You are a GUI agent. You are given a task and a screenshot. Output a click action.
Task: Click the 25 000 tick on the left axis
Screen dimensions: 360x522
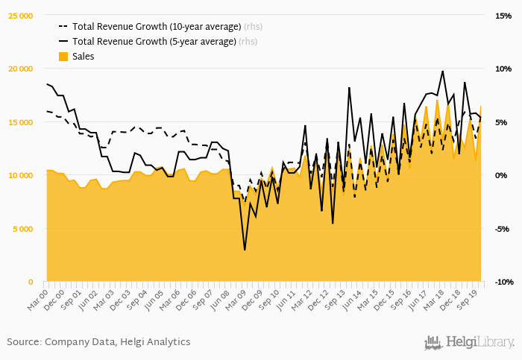click(x=20, y=16)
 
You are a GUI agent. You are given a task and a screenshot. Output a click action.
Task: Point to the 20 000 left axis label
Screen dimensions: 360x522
click(x=20, y=69)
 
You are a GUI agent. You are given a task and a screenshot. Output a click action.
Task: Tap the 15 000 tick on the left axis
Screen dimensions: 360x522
click(x=20, y=122)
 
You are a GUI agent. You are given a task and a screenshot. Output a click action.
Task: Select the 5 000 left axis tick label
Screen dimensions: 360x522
click(x=22, y=229)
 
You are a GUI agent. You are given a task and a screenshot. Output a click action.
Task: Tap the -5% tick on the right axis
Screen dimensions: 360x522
click(x=501, y=229)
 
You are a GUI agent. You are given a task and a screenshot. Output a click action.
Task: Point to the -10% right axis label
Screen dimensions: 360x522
click(x=503, y=282)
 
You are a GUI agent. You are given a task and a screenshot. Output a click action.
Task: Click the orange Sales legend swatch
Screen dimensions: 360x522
click(x=63, y=57)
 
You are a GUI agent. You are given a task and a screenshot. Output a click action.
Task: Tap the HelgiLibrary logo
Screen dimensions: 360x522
click(x=469, y=343)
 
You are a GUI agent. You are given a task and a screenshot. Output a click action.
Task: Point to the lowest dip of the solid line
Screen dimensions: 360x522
click(x=245, y=250)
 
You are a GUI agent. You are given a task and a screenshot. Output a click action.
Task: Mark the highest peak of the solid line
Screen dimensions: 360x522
click(x=443, y=72)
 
